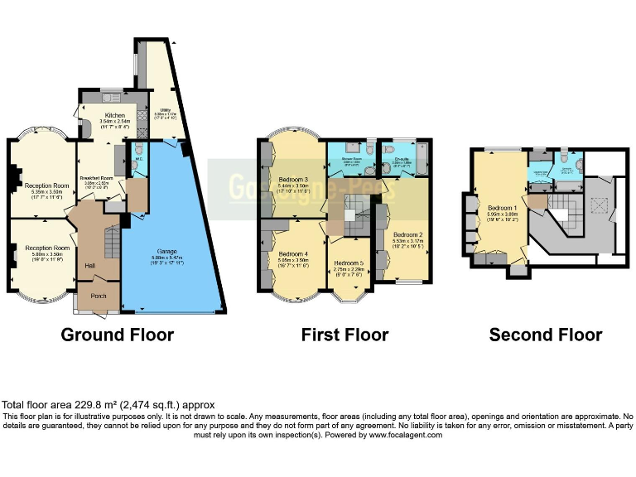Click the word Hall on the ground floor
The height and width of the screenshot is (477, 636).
[90, 265]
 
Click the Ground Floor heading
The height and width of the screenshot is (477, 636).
[118, 335]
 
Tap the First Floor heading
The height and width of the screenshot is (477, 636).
[344, 335]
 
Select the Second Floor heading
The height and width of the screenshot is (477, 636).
[545, 335]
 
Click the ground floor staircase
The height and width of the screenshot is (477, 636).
[110, 241]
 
